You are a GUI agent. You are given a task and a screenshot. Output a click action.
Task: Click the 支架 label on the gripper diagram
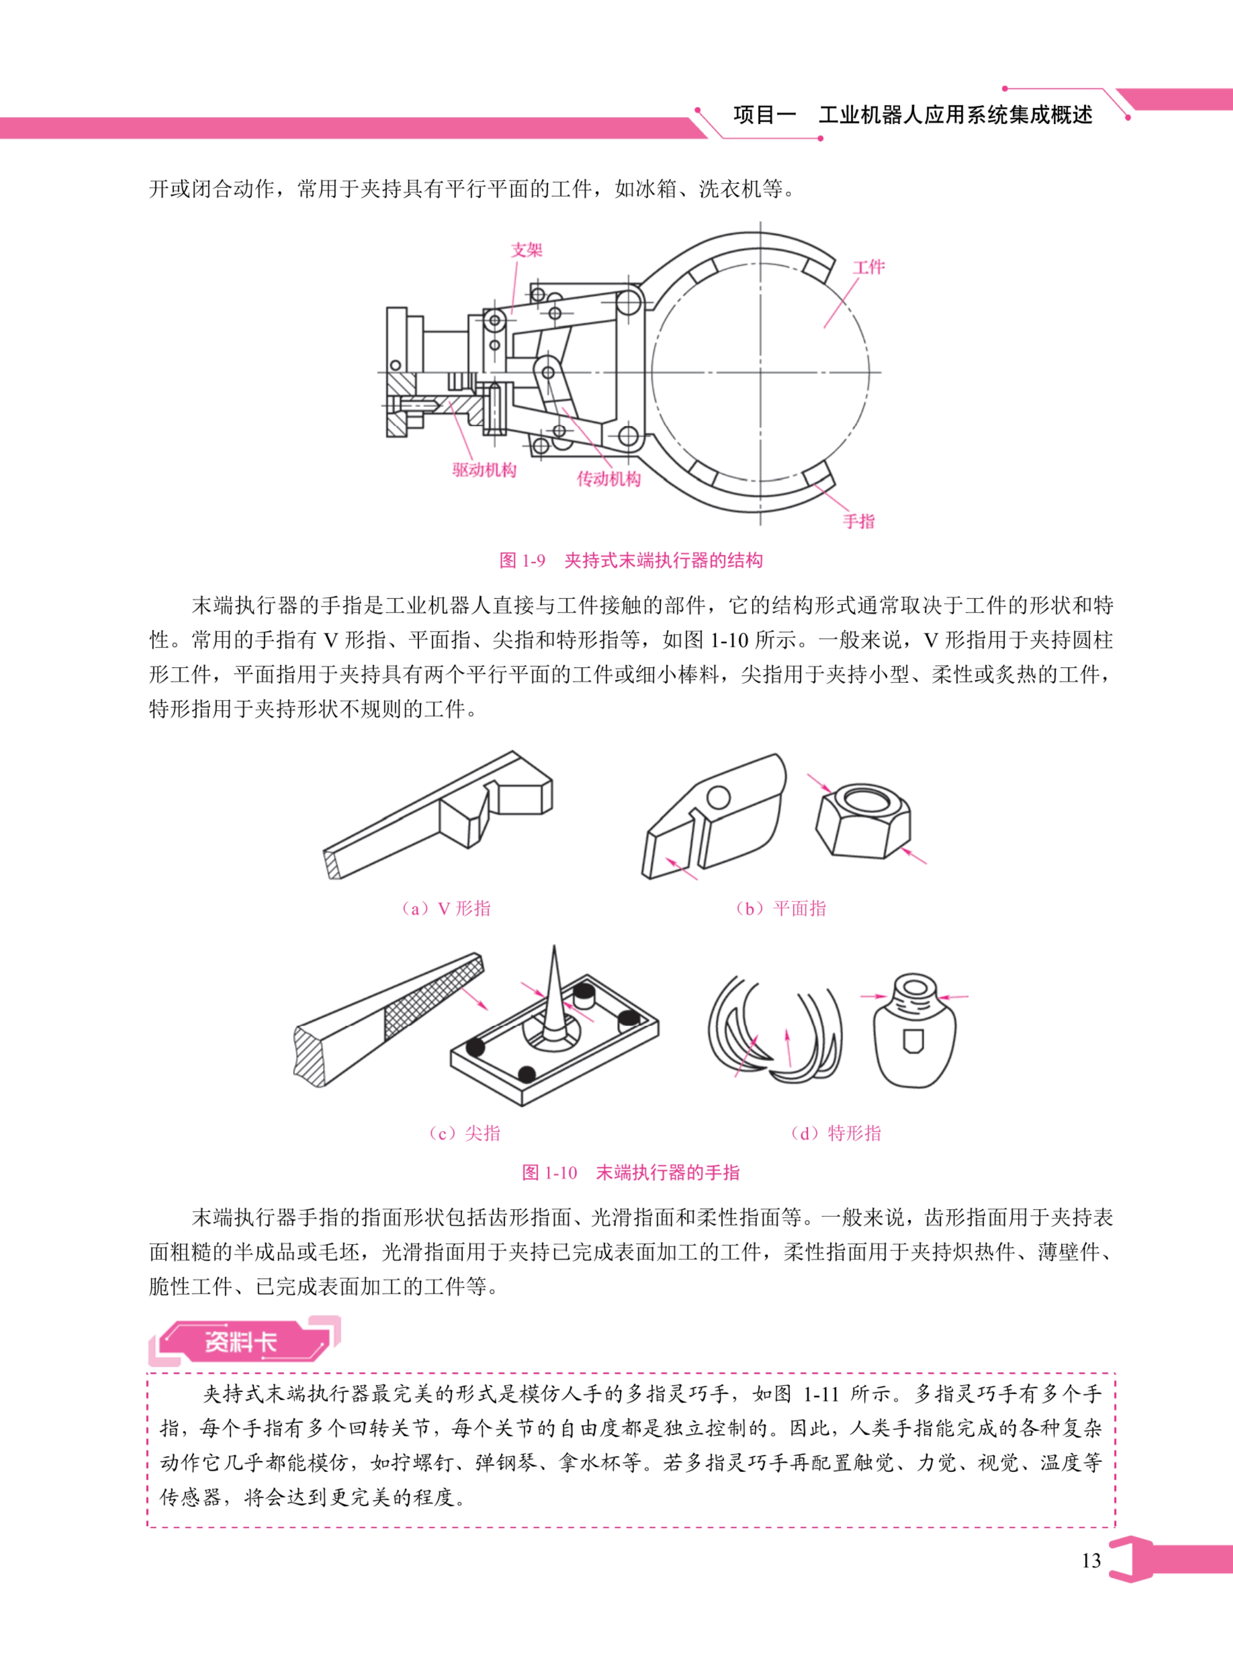coord(526,250)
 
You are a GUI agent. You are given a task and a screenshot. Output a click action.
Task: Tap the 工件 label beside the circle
coord(868,267)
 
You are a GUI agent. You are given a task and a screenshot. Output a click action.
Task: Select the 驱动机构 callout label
coord(484,470)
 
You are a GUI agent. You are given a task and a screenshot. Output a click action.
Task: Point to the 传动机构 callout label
coord(608,479)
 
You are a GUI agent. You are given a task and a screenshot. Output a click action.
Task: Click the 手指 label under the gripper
coord(858,521)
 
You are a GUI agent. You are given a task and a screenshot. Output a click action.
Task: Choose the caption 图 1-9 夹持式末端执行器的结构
coord(631,560)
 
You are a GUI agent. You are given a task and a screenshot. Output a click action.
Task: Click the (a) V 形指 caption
coord(445,909)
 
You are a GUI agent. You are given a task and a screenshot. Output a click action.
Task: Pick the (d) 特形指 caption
coord(835,1134)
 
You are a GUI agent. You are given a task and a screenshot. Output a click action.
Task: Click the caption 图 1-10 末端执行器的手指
coord(631,1172)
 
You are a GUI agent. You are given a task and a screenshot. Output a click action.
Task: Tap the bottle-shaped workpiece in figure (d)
coord(914,1033)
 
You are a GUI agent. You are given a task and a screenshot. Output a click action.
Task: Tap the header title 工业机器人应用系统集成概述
coord(955,115)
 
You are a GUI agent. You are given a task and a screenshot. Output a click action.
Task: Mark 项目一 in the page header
coord(765,115)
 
